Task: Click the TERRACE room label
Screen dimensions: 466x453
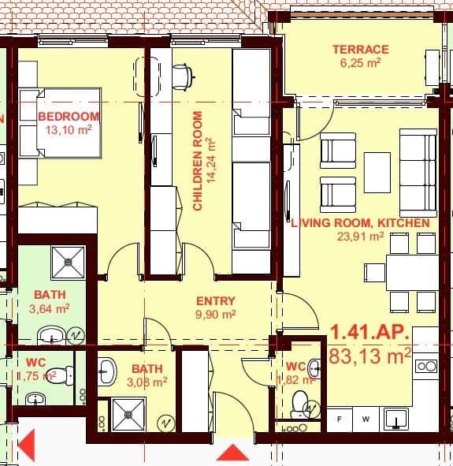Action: pos(360,49)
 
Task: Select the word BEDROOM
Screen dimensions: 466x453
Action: pos(66,117)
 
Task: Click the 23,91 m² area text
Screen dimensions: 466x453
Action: pos(359,235)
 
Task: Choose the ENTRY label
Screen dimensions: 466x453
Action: pos(215,300)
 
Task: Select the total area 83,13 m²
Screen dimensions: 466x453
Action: pos(370,356)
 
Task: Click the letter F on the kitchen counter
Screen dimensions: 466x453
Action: pos(340,419)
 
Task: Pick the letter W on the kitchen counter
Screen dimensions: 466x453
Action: pos(366,419)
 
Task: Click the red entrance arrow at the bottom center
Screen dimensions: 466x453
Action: pos(232,453)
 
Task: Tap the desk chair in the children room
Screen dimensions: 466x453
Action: pos(181,75)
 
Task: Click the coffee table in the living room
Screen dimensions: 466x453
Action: pos(377,172)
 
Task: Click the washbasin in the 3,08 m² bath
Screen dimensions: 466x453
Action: pos(107,371)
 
